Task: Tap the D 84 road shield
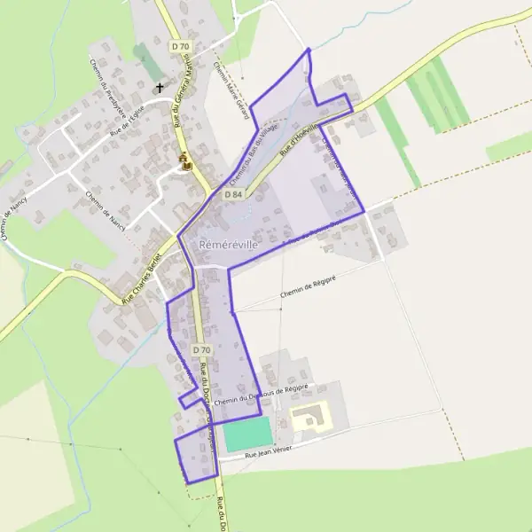pyautogui.click(x=233, y=193)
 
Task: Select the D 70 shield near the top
pyautogui.click(x=180, y=45)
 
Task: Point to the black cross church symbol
pyautogui.click(x=160, y=87)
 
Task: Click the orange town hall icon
pyautogui.click(x=185, y=161)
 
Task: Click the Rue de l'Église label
pyautogui.click(x=126, y=121)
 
